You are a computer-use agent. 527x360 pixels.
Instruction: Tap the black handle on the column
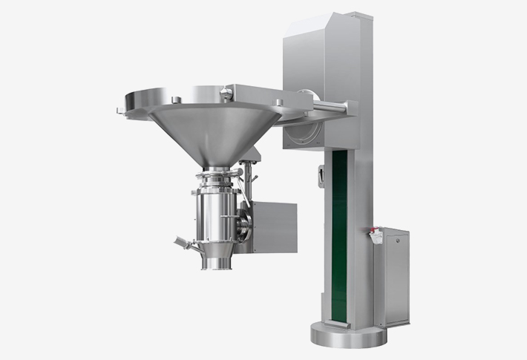pos(320,177)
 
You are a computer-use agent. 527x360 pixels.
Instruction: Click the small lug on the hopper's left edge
pos(120,111)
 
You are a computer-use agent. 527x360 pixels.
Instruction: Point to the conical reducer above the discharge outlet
pos(216,251)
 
